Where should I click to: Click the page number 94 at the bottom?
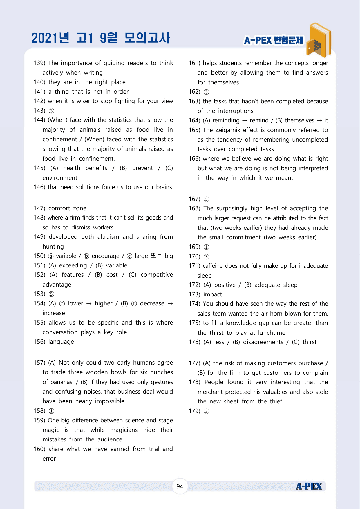point(180,486)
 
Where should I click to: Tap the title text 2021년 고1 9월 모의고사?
point(101,38)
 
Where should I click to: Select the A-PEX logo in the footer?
point(309,486)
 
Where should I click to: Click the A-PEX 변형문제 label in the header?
point(274,40)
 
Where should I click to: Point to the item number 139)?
point(39,63)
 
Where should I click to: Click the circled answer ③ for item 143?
point(51,111)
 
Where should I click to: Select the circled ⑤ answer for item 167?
point(206,199)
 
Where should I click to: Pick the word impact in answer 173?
point(213,294)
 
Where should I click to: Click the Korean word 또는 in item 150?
point(156,256)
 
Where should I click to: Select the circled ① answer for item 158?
point(51,411)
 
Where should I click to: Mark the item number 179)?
point(194,411)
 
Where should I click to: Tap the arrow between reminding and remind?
point(245,120)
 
